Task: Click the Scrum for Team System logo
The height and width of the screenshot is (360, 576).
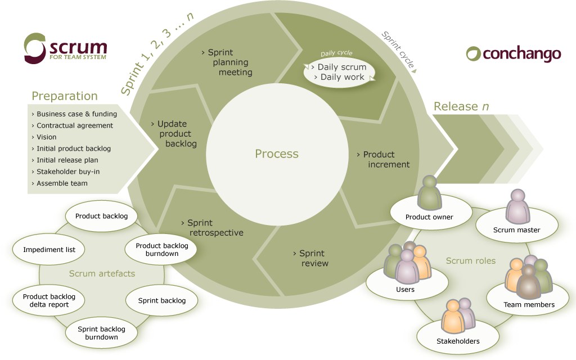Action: [x=65, y=48]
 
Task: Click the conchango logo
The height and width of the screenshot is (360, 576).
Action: [x=514, y=53]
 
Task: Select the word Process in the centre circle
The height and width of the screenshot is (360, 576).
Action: [x=277, y=154]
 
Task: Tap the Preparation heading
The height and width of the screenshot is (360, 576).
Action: [x=65, y=96]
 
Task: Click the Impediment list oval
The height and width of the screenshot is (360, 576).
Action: [x=49, y=249]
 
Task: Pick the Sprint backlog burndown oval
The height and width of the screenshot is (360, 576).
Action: [x=101, y=333]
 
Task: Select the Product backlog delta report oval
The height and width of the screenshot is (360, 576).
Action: [x=49, y=300]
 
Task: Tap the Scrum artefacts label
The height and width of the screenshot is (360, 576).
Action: [x=102, y=273]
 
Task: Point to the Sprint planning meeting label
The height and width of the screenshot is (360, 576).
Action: [x=227, y=62]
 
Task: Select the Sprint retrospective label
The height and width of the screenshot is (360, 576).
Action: [x=213, y=228]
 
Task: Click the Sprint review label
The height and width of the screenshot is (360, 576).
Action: [x=311, y=258]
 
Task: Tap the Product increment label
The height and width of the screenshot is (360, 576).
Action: [x=384, y=159]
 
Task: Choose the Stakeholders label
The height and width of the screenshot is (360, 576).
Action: [x=458, y=341]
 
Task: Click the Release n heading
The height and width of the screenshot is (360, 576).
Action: [x=461, y=106]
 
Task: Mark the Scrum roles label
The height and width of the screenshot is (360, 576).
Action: [x=471, y=261]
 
